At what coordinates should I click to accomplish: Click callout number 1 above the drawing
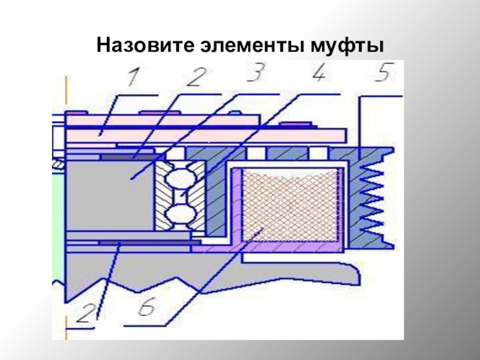(133, 76)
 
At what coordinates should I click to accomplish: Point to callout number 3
(257, 76)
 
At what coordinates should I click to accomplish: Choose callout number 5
(380, 76)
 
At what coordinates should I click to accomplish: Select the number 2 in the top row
(195, 76)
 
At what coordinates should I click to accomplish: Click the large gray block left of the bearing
(108, 192)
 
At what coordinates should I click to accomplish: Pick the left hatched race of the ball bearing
(160, 195)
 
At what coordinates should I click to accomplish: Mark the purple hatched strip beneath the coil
(288, 245)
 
